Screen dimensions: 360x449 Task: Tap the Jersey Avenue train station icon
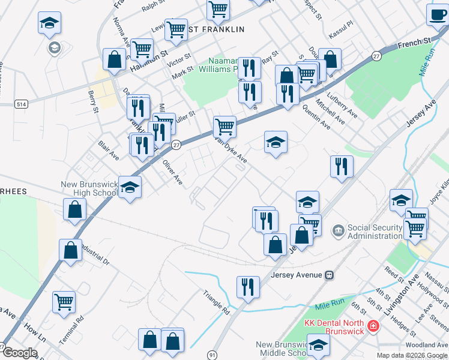coord(330,275)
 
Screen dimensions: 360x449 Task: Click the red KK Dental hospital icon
coord(373,325)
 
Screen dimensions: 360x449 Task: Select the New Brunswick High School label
coord(89,188)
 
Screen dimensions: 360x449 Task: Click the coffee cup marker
coord(437,14)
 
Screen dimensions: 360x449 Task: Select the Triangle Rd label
coord(217,302)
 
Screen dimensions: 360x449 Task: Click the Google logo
coord(20,353)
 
